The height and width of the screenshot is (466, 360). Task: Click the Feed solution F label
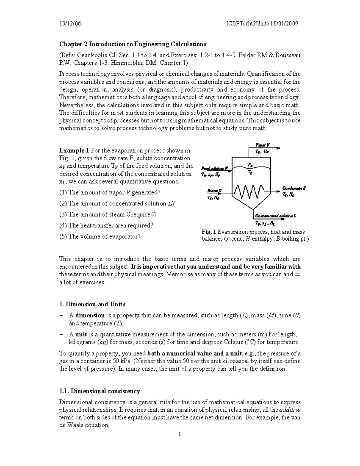(x=214, y=168)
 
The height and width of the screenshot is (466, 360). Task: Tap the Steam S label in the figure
(x=214, y=191)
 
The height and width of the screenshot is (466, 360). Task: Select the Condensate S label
(x=294, y=188)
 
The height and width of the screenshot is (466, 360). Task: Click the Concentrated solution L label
(x=275, y=216)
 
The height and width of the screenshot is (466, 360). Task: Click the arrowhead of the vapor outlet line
(x=279, y=148)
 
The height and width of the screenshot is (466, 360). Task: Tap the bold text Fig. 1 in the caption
(x=209, y=232)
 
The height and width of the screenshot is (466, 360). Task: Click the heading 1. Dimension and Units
(x=92, y=304)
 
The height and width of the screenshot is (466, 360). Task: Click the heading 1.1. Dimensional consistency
(x=100, y=391)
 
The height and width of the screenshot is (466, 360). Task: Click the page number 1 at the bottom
(x=180, y=434)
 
